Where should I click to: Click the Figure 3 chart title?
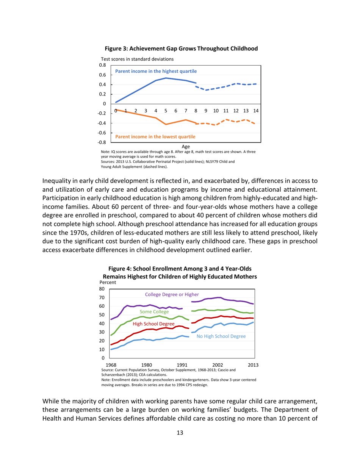click(181, 48)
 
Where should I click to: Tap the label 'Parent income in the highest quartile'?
click(156, 71)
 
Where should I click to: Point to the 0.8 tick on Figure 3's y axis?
click(102, 65)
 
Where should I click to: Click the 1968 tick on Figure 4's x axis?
click(111, 364)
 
